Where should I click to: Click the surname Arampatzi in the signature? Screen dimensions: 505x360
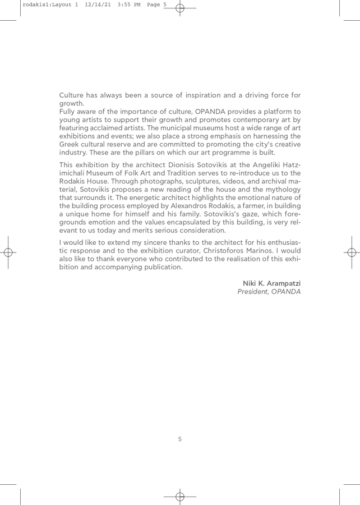(281, 282)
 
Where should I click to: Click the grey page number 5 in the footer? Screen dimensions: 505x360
(180, 439)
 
